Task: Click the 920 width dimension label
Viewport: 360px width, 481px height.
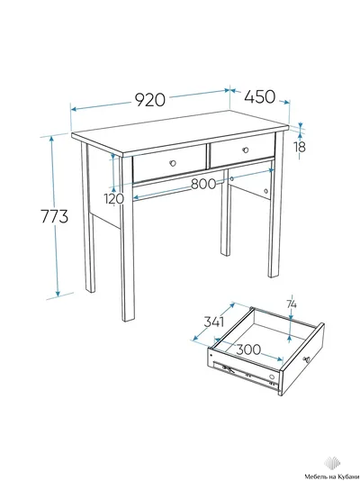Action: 150,100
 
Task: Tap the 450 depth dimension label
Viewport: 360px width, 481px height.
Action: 260,96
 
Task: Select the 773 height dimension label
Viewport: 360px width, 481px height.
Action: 54,217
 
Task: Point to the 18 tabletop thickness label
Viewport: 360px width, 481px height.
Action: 301,147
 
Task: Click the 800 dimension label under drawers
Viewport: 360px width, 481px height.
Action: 203,184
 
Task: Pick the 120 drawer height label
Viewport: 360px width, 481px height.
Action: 114,199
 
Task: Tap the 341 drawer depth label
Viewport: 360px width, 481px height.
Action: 214,322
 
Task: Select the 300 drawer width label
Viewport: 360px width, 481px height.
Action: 248,349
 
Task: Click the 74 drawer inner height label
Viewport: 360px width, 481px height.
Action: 292,304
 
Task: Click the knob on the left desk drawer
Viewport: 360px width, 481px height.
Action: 173,163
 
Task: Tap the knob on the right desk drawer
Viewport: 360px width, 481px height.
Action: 245,150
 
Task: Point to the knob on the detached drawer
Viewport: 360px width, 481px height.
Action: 306,358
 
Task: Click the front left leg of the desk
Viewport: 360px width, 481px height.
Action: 128,239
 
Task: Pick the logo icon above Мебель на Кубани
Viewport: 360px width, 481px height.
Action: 332,463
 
